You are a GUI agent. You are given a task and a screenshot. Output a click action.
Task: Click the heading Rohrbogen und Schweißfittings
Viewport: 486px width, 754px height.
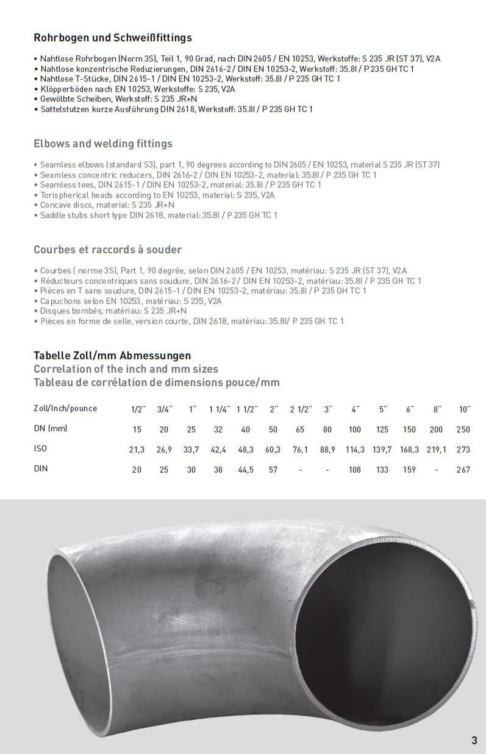(113, 38)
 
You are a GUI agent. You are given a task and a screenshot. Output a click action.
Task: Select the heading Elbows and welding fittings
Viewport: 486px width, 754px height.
(103, 144)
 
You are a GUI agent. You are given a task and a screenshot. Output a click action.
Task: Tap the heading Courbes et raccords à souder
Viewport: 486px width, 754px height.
(107, 250)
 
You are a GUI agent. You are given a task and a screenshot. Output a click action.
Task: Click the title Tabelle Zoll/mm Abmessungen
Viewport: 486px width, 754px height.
(112, 356)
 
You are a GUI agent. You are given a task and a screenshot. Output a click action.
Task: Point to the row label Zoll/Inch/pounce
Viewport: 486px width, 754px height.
(65, 408)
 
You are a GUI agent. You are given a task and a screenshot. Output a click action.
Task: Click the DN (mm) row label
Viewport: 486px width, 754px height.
(51, 429)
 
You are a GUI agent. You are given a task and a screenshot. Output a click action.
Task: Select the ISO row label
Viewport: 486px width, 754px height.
(40, 449)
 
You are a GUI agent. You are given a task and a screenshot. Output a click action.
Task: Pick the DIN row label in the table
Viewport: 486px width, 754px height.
(40, 469)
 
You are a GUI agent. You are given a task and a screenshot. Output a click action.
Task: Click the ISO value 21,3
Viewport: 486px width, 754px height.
(137, 449)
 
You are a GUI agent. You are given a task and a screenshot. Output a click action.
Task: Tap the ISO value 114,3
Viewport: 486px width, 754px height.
(355, 449)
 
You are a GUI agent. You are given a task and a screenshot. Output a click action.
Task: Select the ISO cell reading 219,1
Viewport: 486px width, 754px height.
(436, 449)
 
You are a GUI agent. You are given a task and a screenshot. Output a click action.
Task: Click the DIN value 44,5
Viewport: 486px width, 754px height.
(246, 470)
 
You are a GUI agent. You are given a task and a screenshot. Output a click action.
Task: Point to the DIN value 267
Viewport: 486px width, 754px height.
(463, 470)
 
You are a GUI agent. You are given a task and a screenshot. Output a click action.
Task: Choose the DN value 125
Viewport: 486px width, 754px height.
(382, 429)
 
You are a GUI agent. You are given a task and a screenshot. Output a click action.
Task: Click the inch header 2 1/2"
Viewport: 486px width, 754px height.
(301, 409)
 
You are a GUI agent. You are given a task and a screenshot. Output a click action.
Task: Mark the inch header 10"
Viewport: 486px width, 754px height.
(465, 409)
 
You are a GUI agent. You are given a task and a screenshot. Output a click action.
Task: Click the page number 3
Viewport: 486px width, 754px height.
(474, 741)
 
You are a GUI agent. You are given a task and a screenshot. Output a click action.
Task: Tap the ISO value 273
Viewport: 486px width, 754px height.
(463, 449)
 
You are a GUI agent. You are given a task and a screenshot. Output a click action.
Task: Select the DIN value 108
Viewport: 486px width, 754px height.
(355, 470)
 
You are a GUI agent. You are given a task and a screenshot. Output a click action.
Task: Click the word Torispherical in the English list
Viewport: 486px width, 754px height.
(65, 195)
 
